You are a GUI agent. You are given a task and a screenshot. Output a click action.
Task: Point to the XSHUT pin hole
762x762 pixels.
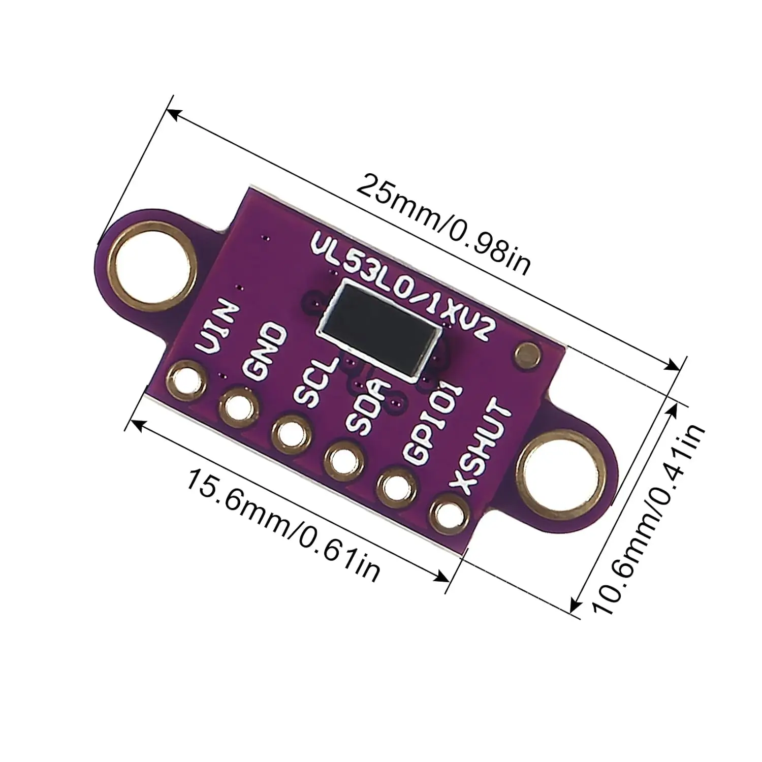(x=449, y=514)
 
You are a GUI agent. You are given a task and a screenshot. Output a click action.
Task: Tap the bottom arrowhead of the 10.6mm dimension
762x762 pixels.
(x=576, y=605)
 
